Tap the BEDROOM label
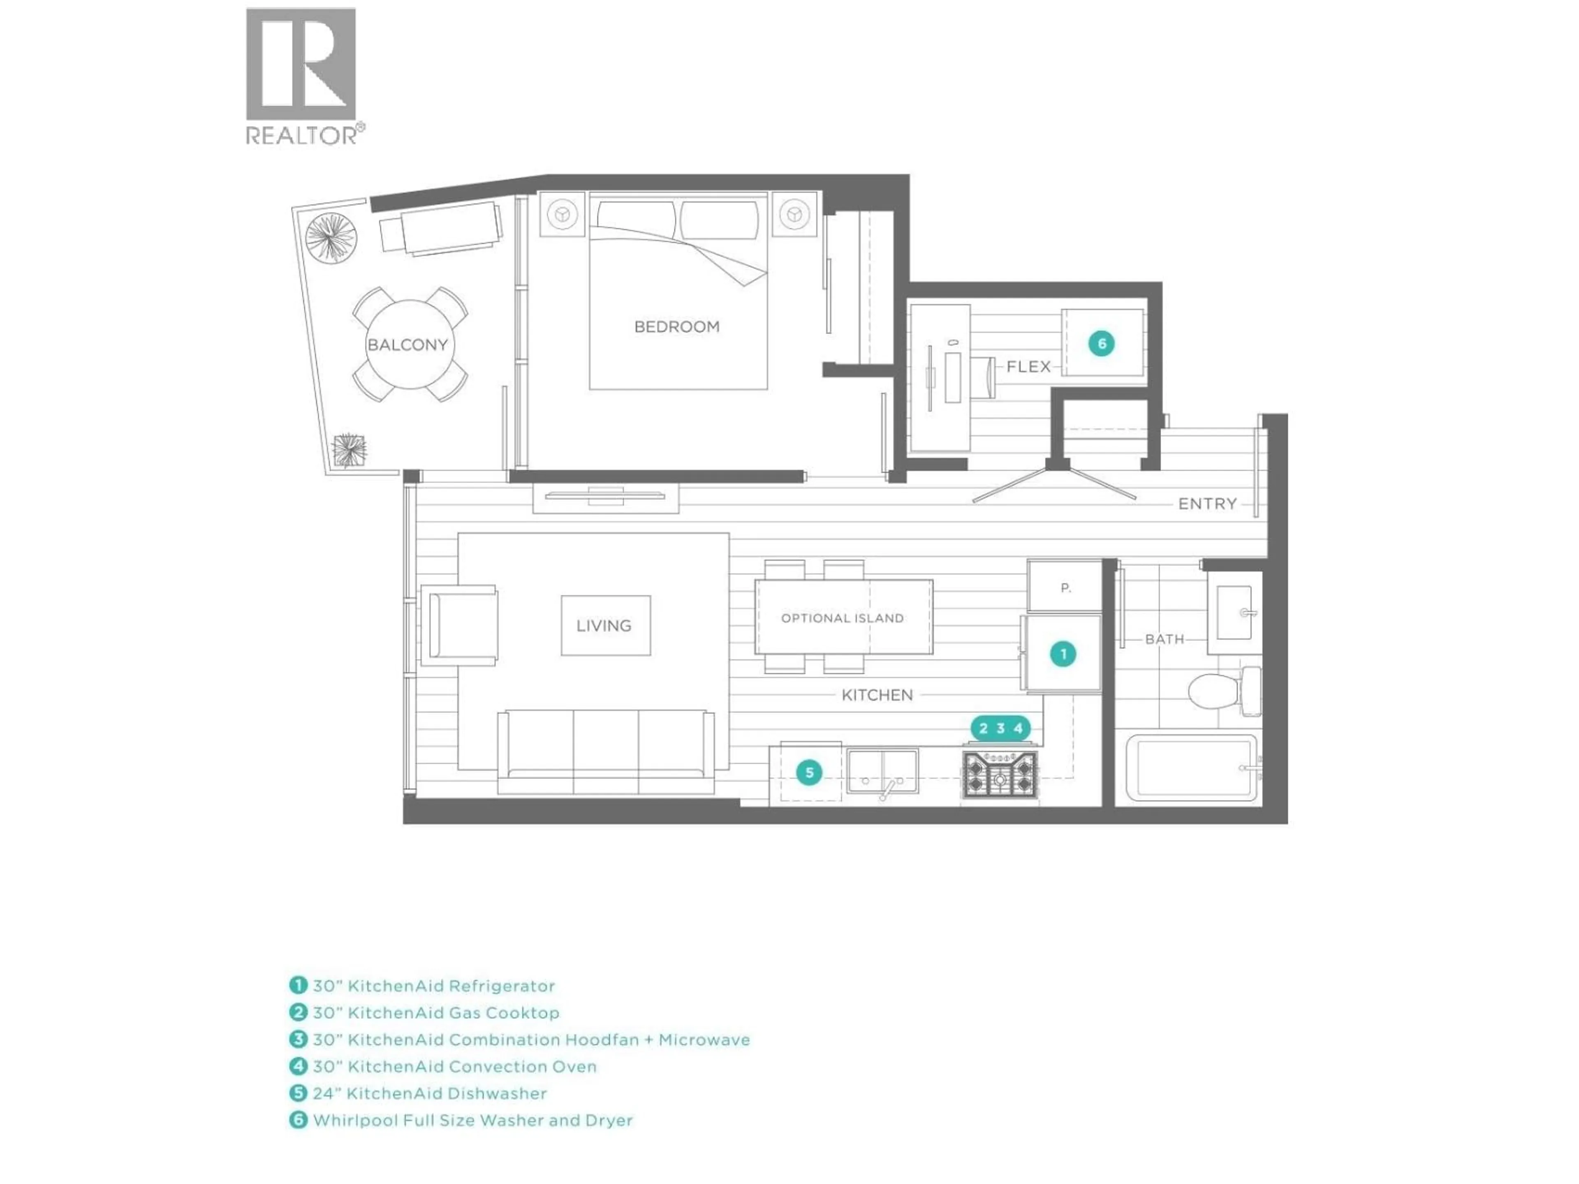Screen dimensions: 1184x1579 (677, 327)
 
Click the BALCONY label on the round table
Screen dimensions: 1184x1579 (407, 345)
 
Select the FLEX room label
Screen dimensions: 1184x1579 (1029, 367)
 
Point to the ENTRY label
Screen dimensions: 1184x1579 (1207, 504)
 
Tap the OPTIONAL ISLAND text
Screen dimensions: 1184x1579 (842, 618)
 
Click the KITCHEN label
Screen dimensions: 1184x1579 (877, 695)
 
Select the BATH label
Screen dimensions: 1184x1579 (1164, 639)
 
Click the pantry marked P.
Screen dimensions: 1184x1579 (1065, 588)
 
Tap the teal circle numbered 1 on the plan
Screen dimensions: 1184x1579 (1063, 654)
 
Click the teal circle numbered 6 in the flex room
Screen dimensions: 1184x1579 (1102, 344)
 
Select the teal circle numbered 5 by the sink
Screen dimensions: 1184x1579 (809, 772)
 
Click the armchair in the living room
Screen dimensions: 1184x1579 (461, 625)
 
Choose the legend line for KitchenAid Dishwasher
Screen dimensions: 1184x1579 (429, 1094)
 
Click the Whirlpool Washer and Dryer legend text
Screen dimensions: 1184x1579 (472, 1120)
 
